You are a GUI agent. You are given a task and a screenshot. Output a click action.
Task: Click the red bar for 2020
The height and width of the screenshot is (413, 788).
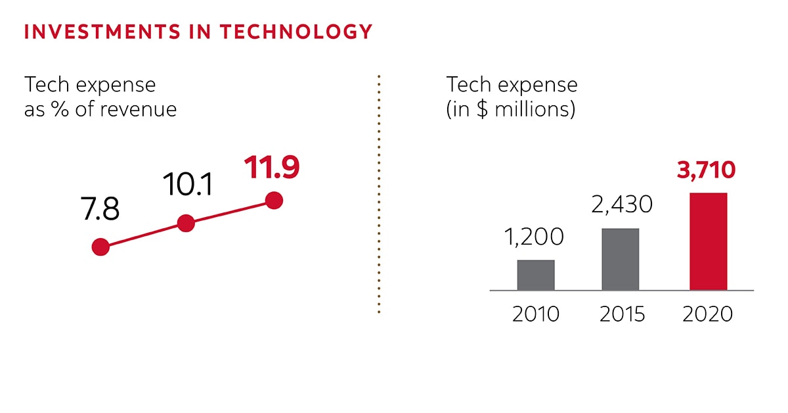click(709, 241)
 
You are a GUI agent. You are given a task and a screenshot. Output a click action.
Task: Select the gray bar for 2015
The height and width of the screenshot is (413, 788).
click(620, 259)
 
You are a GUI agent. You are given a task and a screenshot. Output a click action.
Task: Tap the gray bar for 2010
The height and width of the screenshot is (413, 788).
click(536, 275)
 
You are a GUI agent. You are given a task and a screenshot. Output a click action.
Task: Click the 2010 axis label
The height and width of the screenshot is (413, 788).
click(536, 314)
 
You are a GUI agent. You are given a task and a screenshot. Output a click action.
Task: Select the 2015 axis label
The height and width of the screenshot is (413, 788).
click(622, 314)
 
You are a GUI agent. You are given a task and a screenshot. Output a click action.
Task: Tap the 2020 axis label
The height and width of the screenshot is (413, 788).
click(707, 314)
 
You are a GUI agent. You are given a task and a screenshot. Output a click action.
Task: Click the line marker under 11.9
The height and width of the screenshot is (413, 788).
click(274, 201)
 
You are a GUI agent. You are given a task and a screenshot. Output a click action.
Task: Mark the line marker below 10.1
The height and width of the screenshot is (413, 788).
click(186, 224)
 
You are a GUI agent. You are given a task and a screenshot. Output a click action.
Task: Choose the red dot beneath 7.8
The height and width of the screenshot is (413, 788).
click(100, 247)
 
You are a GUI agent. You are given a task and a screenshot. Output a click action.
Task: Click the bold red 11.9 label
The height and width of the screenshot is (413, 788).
click(272, 167)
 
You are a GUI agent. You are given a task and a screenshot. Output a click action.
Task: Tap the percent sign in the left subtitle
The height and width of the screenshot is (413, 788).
click(56, 109)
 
